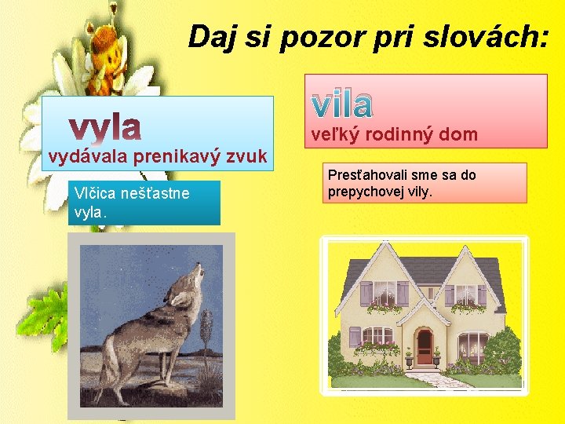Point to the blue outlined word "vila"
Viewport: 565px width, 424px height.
[342, 102]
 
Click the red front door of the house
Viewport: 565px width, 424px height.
[424, 346]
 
